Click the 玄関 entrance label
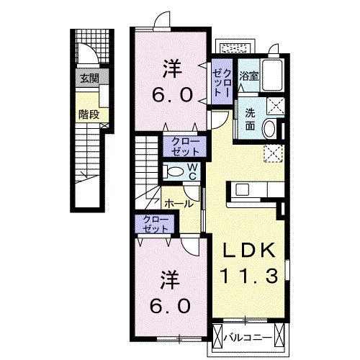coord(89,78)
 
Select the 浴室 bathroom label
coord(250,75)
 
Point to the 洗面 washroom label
coord(249,119)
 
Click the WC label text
coord(193,171)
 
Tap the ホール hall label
coord(178,203)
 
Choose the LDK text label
coord(249,251)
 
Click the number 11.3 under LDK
coord(249,275)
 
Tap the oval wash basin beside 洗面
coord(269,129)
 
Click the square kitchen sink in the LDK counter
coord(242,190)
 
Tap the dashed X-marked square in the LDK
coord(273,153)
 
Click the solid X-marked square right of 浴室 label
coord(274,105)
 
